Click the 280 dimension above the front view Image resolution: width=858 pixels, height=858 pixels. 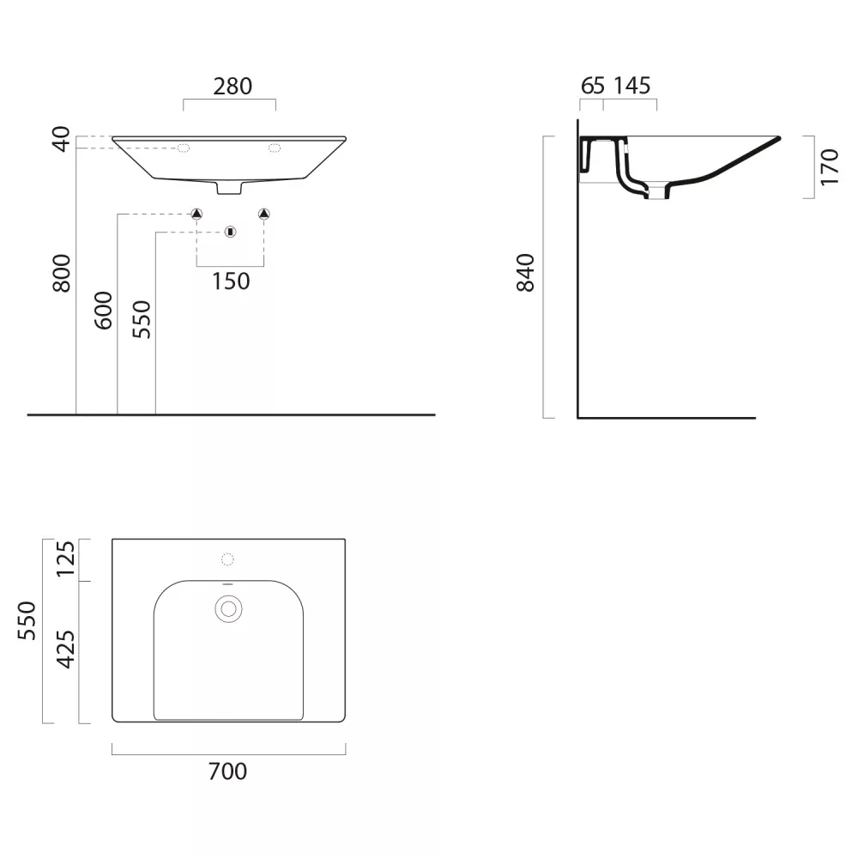pos(233,87)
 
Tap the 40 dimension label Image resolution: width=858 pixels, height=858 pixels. pos(61,139)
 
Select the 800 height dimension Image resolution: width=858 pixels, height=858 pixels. pos(61,273)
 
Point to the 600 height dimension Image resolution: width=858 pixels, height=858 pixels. pos(103,311)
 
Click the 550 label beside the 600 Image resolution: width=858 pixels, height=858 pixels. pos(142,319)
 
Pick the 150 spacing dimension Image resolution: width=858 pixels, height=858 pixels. pos(231,281)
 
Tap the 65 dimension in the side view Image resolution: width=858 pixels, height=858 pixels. pos(593,86)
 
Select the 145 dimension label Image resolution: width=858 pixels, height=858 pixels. pos(632,86)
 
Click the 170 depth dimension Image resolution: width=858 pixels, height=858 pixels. pos(830,167)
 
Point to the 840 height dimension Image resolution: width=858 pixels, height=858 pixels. pos(525,273)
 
